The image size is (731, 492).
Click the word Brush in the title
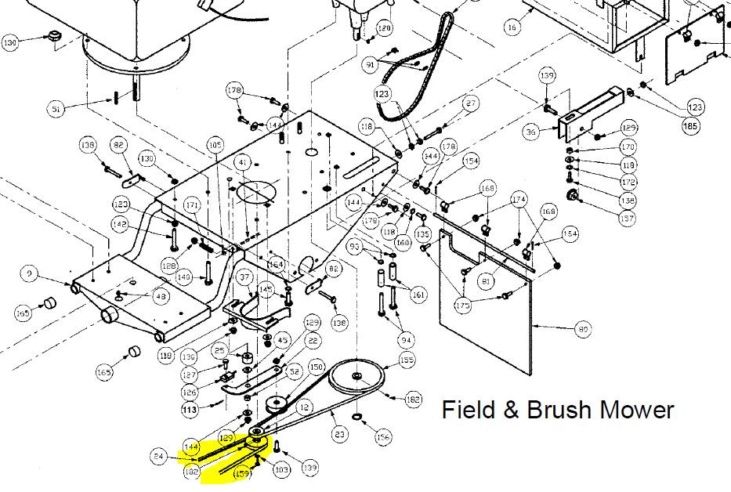pyautogui.click(x=554, y=409)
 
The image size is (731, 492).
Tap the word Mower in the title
pyautogui.click(x=635, y=409)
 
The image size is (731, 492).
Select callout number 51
pyautogui.click(x=56, y=109)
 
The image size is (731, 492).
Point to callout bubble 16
pyautogui.click(x=512, y=27)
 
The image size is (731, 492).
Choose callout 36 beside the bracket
pyautogui.click(x=531, y=132)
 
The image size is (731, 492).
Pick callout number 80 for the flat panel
pyautogui.click(x=582, y=330)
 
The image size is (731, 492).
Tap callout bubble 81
pyautogui.click(x=486, y=280)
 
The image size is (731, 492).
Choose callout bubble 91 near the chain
pyautogui.click(x=371, y=65)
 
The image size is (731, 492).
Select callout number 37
pyautogui.click(x=244, y=277)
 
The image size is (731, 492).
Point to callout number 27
pyautogui.click(x=470, y=103)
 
